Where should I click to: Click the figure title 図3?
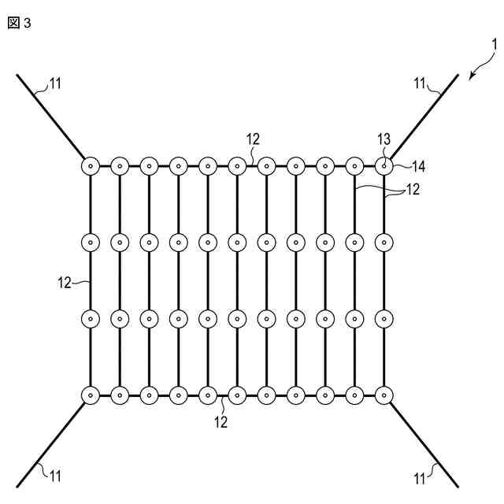(x=19, y=23)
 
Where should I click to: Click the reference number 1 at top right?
(x=494, y=45)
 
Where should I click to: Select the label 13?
(x=384, y=140)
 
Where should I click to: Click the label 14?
(x=418, y=166)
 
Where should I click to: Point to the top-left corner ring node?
(x=91, y=166)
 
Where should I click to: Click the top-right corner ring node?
(x=384, y=166)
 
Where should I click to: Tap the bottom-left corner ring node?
(x=91, y=394)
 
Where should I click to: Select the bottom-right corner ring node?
(x=384, y=394)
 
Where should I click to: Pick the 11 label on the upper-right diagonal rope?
(x=421, y=82)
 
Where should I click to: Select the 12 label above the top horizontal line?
(x=252, y=139)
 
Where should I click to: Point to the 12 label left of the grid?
(x=64, y=280)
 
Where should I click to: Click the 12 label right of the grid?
(x=412, y=189)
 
